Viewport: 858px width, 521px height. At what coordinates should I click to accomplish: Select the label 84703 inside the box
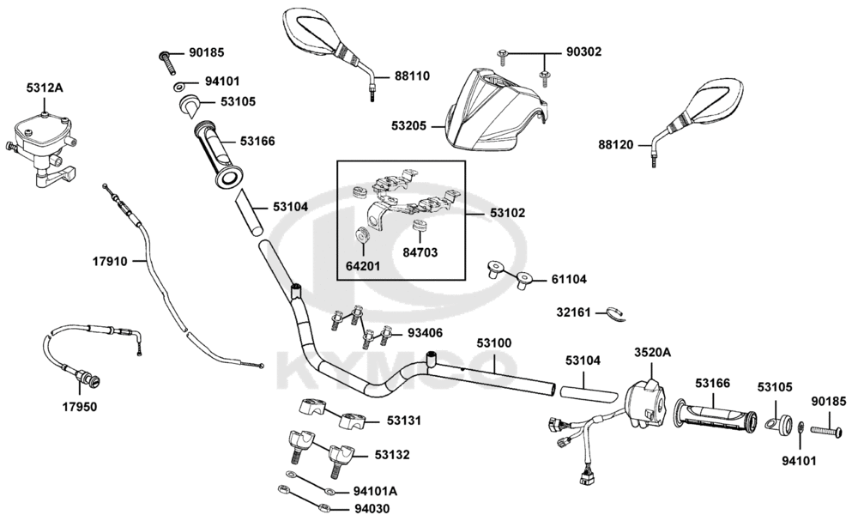click(421, 252)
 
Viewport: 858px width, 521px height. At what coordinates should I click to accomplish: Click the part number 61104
click(569, 279)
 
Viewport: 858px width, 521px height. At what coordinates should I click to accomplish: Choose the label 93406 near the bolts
click(426, 332)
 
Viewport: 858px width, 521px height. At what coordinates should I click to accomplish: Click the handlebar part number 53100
click(494, 343)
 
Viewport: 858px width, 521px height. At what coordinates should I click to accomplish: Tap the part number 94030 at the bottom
click(372, 509)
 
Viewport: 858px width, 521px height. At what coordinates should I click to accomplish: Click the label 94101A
click(375, 492)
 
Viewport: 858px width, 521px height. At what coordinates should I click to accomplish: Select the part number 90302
click(583, 51)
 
